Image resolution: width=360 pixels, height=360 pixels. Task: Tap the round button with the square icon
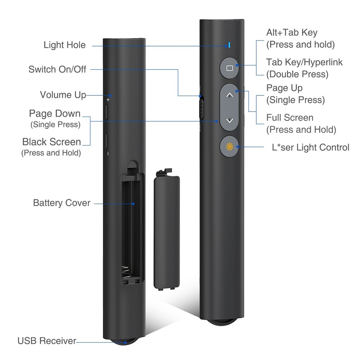coord(229,68)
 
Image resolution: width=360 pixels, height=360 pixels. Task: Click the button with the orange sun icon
coord(229,147)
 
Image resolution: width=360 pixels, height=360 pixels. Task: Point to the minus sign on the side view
coord(108,153)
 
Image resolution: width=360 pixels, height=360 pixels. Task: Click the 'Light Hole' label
coord(64,45)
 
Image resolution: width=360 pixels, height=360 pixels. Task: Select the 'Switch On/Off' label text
coord(57,69)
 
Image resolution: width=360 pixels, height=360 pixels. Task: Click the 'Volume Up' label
coord(63,95)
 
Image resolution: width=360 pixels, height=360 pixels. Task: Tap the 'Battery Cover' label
coord(62,203)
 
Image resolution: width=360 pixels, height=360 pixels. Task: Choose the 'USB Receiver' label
coord(47,341)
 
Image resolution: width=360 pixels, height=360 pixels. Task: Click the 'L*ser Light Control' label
coord(311,147)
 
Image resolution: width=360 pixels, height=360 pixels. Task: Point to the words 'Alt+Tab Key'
coord(292,32)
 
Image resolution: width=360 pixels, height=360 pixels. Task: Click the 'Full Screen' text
coord(290,117)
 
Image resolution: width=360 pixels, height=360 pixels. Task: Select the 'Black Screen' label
coord(51,141)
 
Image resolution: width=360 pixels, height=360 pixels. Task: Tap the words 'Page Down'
coord(55,113)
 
